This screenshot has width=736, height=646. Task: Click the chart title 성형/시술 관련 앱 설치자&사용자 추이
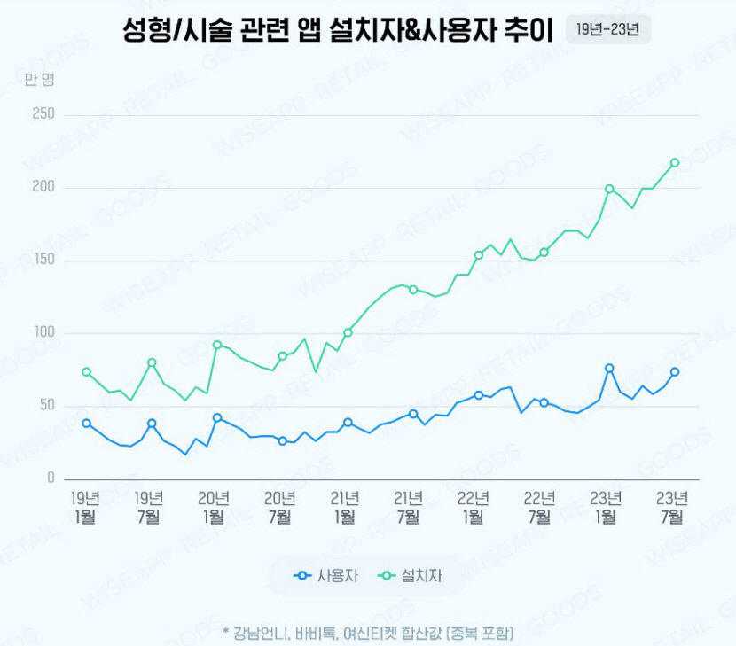(338, 29)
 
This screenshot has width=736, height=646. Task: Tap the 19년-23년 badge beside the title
(608, 29)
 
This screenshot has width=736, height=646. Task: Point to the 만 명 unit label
(40, 80)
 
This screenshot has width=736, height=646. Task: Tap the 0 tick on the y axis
(51, 479)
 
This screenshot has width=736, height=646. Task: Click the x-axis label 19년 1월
(85, 506)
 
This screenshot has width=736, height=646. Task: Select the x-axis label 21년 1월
(345, 506)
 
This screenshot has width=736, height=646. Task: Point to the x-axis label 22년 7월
(540, 506)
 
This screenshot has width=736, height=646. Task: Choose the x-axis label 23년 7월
(671, 506)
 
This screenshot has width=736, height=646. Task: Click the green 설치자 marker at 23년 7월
(675, 162)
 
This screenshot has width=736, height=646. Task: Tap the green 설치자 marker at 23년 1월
(609, 189)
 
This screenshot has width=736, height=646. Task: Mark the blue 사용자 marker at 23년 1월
(609, 368)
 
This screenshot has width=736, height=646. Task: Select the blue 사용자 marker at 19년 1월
(86, 424)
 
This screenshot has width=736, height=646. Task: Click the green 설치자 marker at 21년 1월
(348, 332)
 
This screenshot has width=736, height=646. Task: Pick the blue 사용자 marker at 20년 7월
(282, 440)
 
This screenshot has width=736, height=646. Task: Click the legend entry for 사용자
(326, 577)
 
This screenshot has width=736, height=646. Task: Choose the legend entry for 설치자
(411, 577)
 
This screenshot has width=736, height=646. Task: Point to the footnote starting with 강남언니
(368, 633)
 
